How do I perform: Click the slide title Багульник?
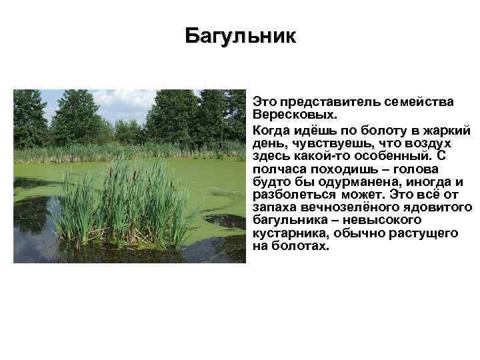(x=239, y=35)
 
